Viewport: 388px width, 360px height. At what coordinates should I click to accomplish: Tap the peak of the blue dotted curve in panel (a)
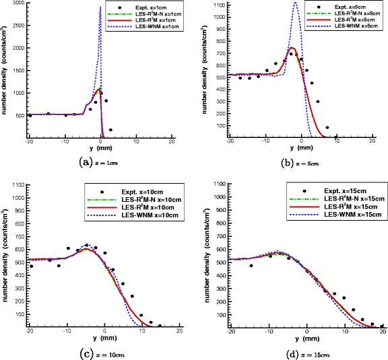[x=100, y=7]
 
